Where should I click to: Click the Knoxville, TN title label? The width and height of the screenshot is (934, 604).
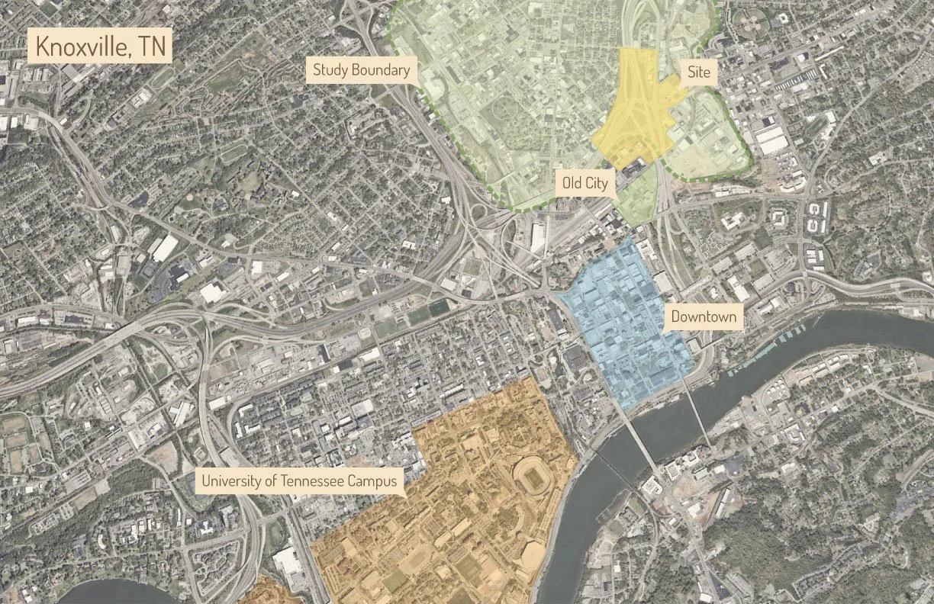coord(100,47)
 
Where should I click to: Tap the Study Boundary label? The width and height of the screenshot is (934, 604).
coord(362,71)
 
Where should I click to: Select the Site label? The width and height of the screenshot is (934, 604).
coord(699,72)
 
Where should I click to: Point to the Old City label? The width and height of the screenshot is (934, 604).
coord(585,183)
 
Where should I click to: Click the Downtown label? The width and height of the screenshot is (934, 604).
coord(704,316)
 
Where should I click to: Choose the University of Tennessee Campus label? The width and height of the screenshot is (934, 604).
coord(299,481)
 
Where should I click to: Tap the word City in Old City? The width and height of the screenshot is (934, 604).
coord(597,183)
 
